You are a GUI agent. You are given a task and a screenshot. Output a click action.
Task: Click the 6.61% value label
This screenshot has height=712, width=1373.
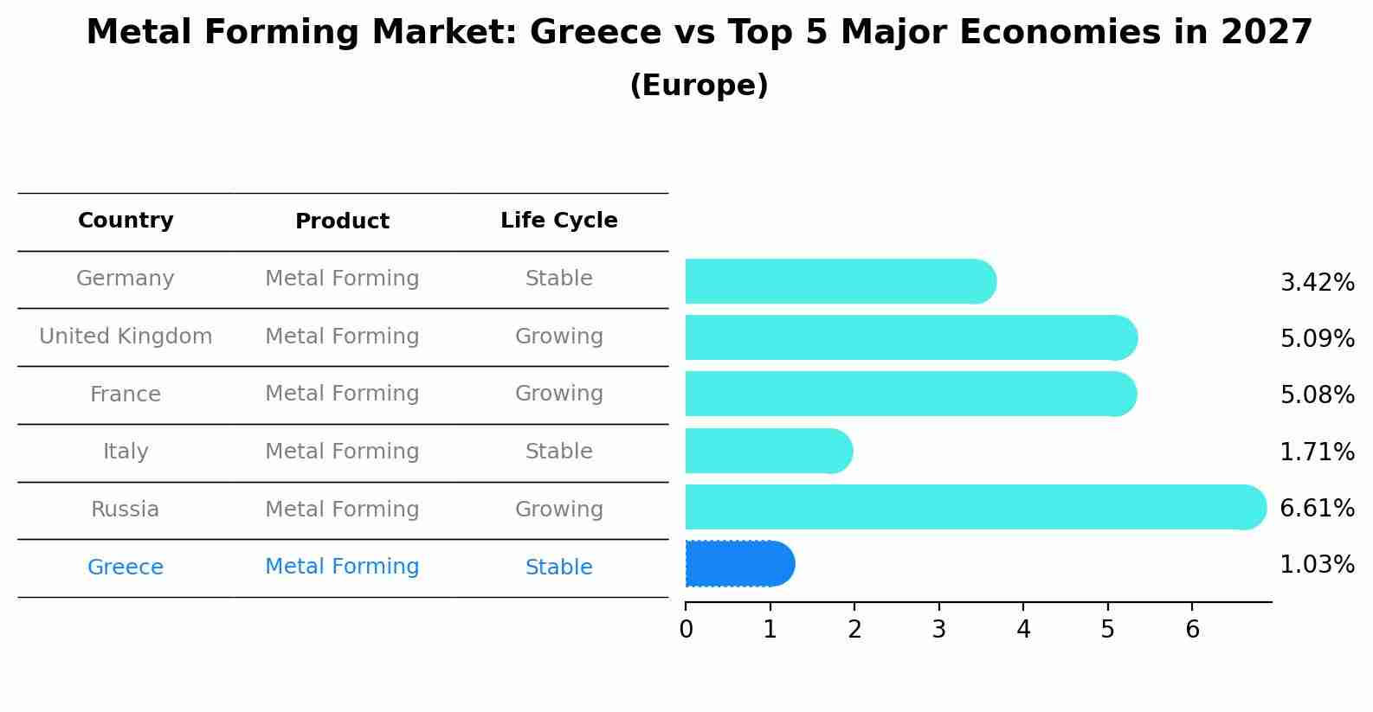point(1317,508)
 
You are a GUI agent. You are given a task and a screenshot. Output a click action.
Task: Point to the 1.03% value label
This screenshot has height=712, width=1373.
point(1317,565)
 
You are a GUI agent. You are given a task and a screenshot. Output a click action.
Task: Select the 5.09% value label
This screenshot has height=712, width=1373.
point(1317,338)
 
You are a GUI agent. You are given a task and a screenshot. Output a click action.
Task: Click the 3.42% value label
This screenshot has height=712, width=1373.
point(1317,282)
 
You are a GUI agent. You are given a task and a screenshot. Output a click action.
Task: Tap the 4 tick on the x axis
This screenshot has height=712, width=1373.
point(1023,630)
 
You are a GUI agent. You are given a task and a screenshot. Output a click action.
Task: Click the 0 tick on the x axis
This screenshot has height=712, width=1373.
point(686,630)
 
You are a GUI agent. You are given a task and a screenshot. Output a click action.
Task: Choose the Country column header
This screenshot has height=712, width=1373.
point(126,221)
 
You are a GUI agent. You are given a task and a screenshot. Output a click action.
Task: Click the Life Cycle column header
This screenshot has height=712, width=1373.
point(558,221)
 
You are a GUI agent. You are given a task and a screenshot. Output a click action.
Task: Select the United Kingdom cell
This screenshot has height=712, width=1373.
point(126,337)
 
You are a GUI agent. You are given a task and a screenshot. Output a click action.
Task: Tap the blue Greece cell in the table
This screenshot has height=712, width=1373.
point(126,568)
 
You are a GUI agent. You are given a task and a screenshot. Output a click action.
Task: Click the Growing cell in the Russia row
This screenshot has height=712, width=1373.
point(558,510)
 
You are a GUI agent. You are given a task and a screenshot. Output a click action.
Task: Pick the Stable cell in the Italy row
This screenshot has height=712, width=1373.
point(558,452)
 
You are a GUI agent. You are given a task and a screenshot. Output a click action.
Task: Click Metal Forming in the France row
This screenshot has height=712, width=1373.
point(342,394)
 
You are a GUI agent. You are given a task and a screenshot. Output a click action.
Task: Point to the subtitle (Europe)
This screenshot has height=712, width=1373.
point(699,86)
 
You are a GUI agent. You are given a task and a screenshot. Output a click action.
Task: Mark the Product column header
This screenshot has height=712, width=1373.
point(342,221)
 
